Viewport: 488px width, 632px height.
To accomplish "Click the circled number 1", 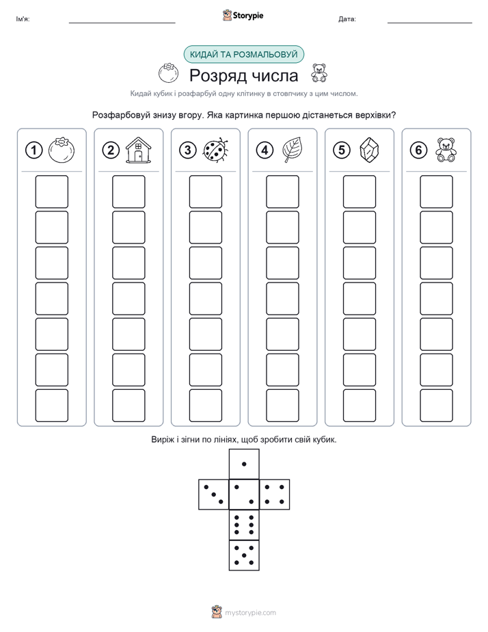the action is (x=33, y=150).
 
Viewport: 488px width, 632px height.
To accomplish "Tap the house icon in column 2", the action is (x=138, y=150).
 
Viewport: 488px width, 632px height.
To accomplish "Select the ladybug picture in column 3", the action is (x=216, y=150).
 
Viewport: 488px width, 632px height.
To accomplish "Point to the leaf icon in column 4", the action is (x=293, y=150).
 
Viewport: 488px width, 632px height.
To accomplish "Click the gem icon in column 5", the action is (x=369, y=150).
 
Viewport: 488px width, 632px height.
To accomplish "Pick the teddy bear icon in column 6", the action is (x=446, y=150).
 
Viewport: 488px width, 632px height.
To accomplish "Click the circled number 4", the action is (x=265, y=150).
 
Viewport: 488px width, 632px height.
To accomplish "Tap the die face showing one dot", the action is (x=244, y=464).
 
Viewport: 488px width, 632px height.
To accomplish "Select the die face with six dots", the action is (x=244, y=525).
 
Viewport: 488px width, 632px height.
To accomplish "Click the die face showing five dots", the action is (x=244, y=555).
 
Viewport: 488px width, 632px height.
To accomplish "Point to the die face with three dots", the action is (x=214, y=494).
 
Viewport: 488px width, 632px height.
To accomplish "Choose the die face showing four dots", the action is (x=275, y=494).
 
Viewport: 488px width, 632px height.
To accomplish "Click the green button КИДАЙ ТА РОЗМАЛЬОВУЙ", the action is (x=243, y=55).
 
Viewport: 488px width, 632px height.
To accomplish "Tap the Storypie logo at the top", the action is (x=243, y=15).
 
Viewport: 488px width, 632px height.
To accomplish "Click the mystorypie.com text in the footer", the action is (x=250, y=613).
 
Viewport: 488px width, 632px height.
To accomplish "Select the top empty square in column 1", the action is (x=51, y=192).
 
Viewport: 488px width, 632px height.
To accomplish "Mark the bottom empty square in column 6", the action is (x=437, y=406).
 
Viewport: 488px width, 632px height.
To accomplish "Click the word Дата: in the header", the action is (x=347, y=19).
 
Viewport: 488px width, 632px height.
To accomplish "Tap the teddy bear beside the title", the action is (x=319, y=73).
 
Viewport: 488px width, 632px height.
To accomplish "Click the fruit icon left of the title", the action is (x=168, y=73).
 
